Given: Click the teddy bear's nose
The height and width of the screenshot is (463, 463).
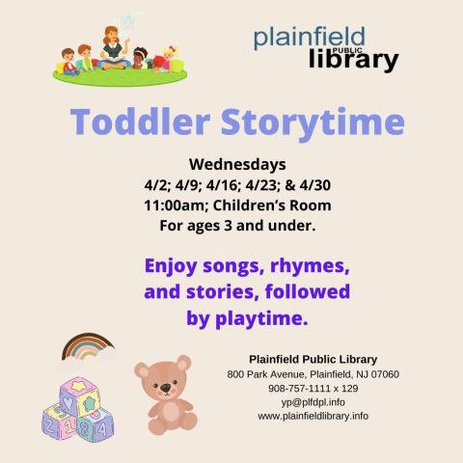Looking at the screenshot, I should pos(166,388).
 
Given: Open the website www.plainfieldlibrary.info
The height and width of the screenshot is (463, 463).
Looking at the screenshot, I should pos(313,416).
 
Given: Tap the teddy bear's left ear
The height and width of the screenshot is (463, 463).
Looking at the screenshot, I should pos(143,369).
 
